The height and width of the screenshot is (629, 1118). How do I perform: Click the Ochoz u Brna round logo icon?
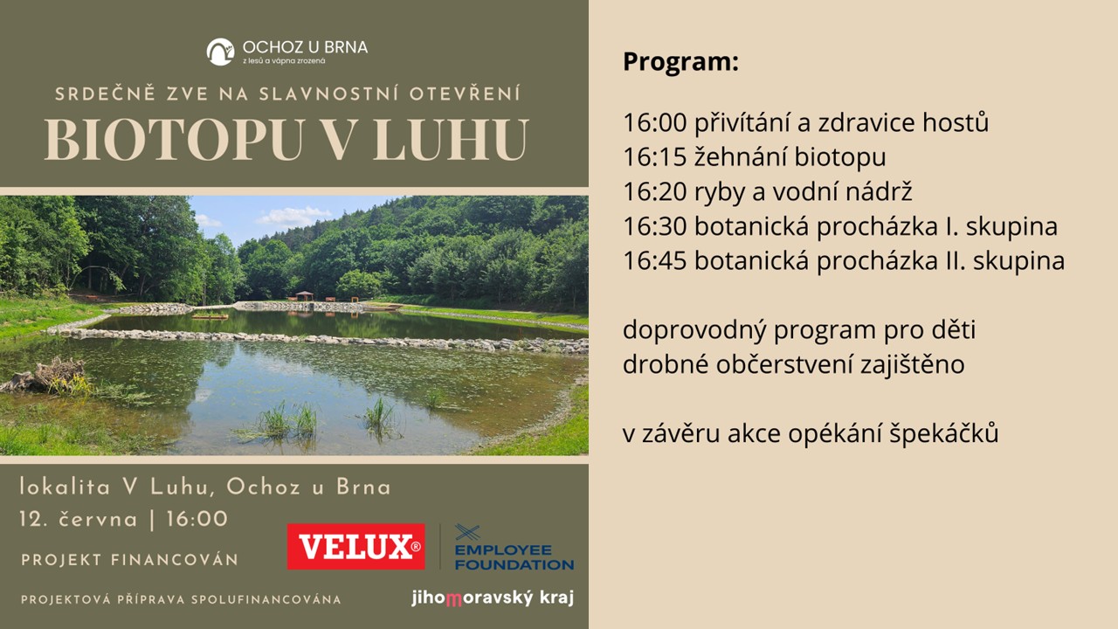[x=220, y=52]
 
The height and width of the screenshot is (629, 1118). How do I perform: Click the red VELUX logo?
[x=355, y=547]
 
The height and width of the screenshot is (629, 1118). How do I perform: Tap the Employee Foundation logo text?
[x=514, y=557]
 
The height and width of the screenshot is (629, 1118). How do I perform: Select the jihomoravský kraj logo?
[x=493, y=598]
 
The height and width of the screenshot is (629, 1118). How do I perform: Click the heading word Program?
[x=680, y=62]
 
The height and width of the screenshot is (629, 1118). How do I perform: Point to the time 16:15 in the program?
[x=655, y=157]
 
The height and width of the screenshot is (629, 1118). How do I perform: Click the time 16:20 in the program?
[x=655, y=191]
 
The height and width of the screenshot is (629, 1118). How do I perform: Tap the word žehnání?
[x=740, y=157]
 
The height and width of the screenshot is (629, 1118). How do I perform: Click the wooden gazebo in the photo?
[x=305, y=295]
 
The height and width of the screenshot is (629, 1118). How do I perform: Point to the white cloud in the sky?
[x=294, y=216]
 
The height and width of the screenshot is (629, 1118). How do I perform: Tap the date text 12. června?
[x=79, y=519]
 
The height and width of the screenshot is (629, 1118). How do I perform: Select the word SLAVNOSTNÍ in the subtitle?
[x=328, y=93]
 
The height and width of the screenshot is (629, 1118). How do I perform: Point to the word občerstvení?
[x=784, y=364]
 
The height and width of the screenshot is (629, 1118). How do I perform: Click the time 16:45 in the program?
[x=655, y=260]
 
